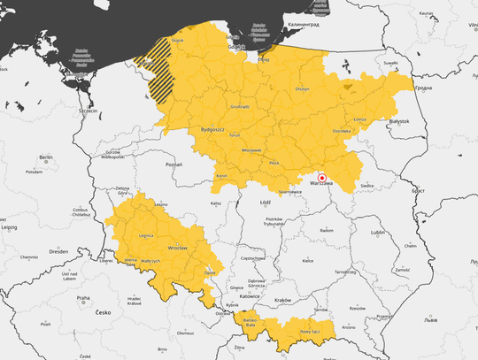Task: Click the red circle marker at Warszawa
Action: [x=322, y=177]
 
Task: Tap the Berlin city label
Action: [x=46, y=157]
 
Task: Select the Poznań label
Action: [x=173, y=164]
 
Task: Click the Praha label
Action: [x=82, y=297]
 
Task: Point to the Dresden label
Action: [x=59, y=251]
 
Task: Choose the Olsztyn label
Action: [x=302, y=89]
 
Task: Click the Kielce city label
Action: [x=308, y=261]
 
